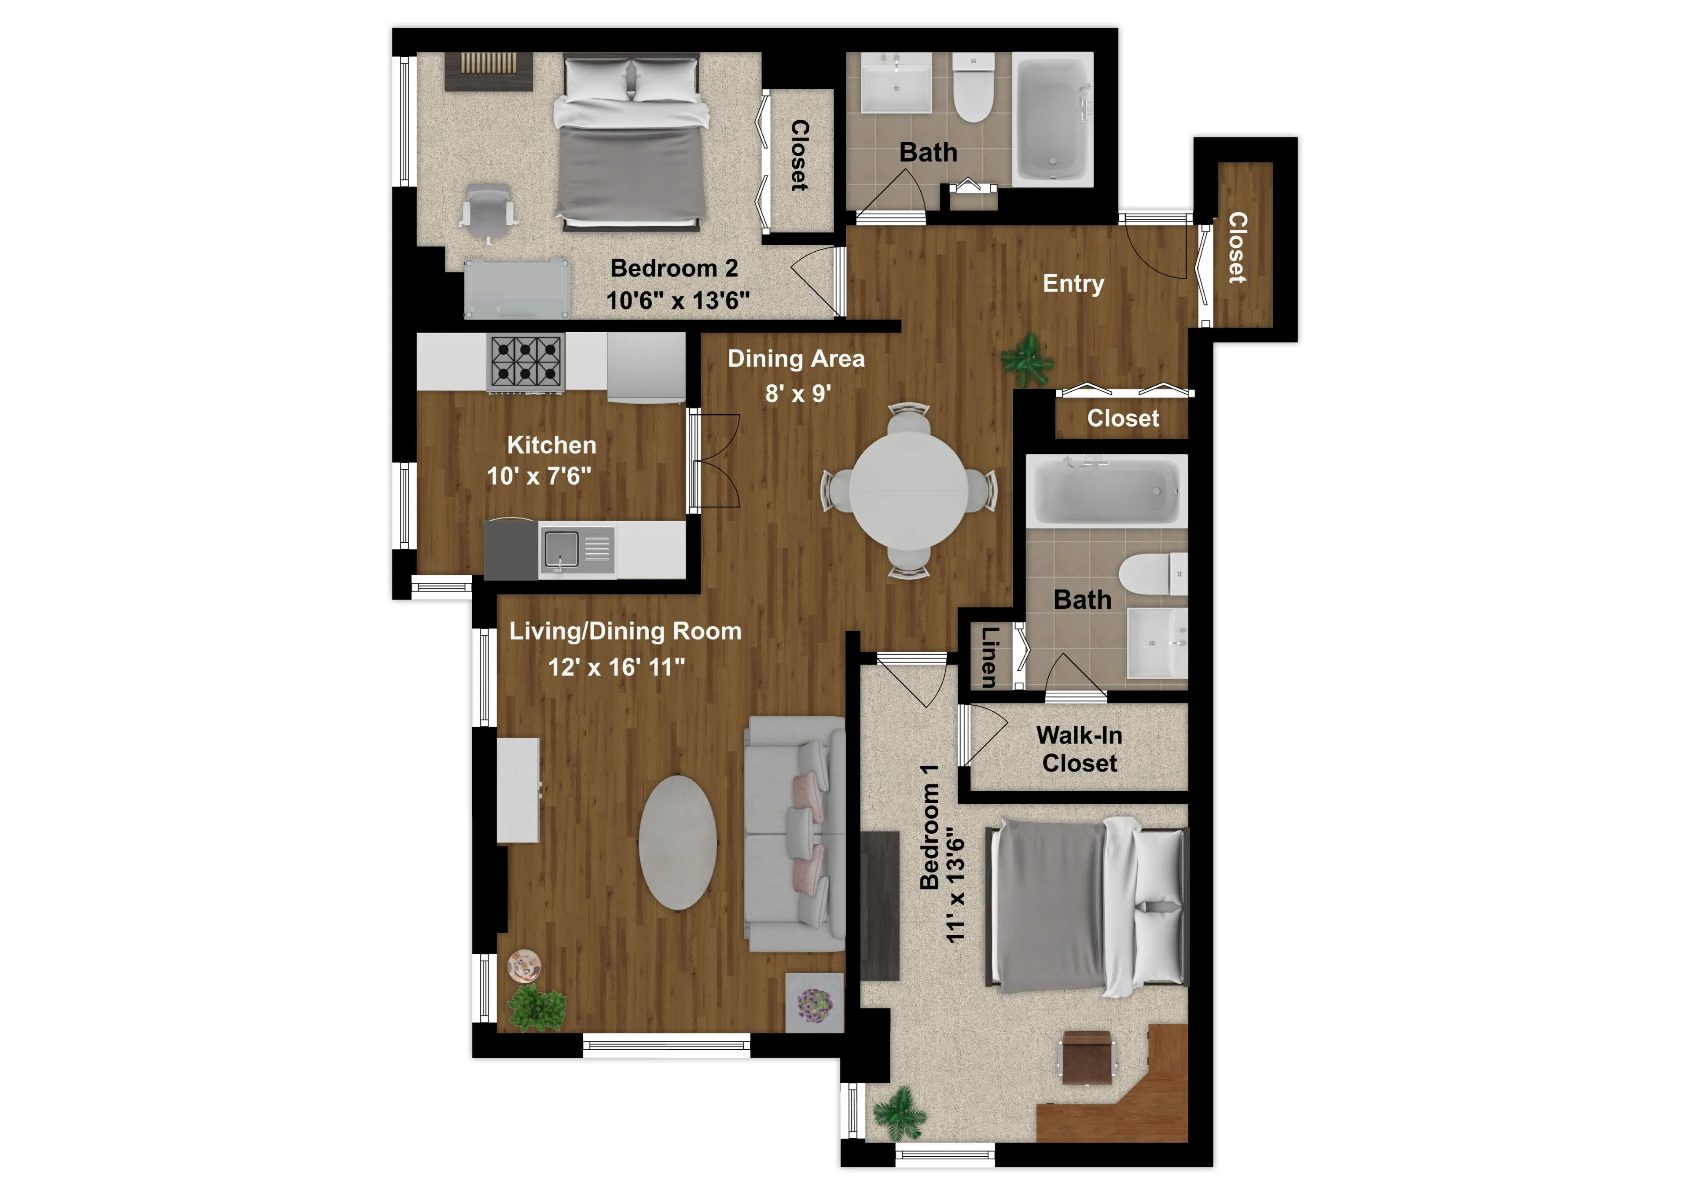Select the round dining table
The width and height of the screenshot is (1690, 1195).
coord(908,489)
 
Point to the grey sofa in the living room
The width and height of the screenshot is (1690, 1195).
coord(794,834)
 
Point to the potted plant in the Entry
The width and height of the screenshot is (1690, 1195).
coord(1028,359)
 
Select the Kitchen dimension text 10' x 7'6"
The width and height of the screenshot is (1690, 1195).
coord(539,476)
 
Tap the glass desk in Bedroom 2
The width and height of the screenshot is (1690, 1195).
coord(517,289)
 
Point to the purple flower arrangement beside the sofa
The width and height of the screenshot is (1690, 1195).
coord(815,1003)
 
